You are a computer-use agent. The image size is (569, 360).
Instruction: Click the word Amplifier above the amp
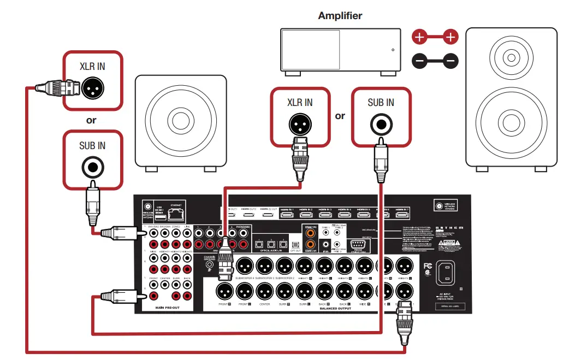pos(340,16)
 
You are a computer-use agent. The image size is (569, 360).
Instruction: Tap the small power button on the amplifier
pos(393,50)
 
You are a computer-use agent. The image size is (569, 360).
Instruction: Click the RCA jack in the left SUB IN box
pos(91,166)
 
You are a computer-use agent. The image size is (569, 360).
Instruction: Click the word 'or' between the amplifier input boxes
pos(340,116)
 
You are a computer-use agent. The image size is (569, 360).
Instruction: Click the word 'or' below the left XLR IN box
pos(91,120)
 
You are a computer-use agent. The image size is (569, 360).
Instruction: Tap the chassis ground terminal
pos(209,267)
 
